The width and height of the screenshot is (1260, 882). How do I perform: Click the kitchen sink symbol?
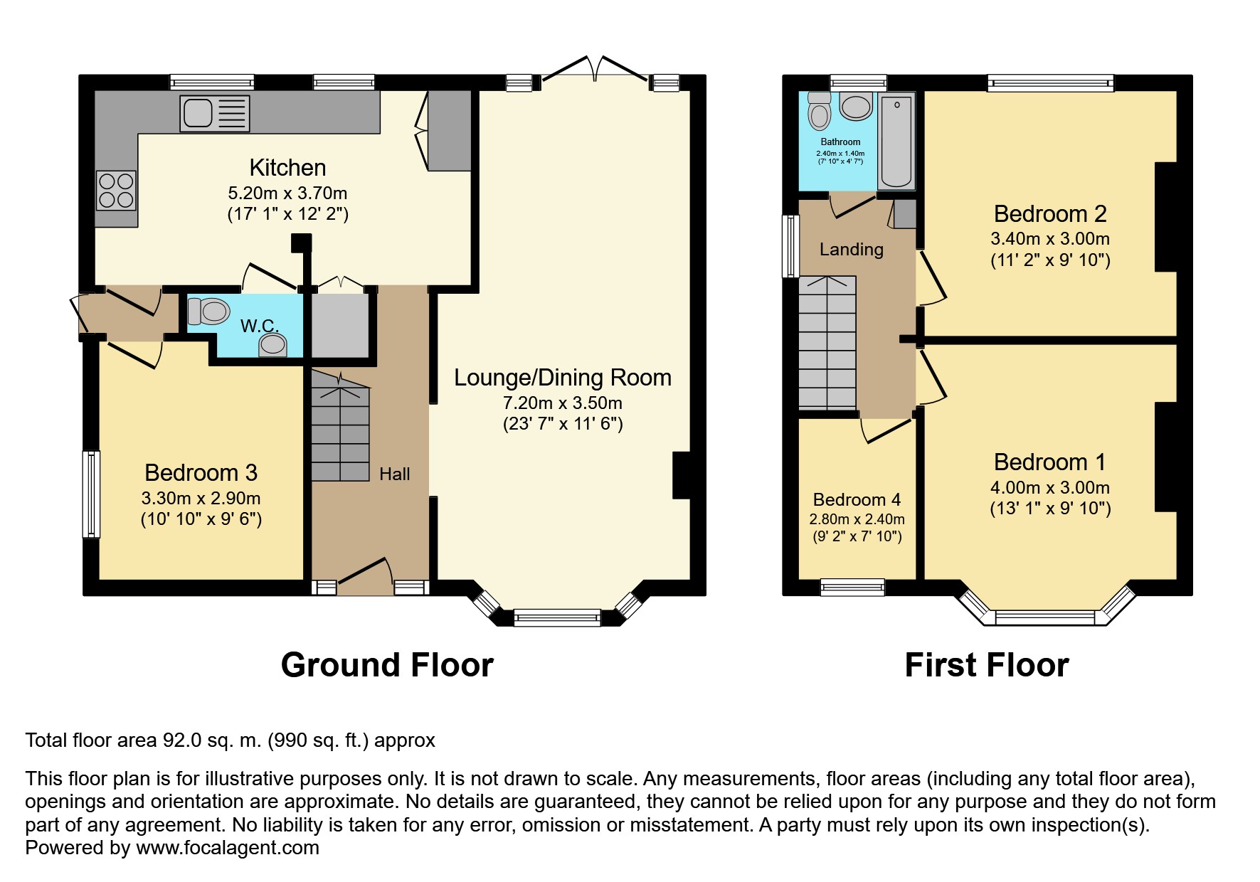216,113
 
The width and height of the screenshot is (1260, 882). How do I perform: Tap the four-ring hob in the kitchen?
117,190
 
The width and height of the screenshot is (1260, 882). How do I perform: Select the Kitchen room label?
287,168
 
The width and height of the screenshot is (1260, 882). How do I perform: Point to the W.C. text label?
259,326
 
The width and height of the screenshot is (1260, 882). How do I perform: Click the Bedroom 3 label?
201,472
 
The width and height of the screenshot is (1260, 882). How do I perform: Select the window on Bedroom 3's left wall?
91,494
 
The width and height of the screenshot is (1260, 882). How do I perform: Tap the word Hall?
394,474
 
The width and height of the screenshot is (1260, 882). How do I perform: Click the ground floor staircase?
340,427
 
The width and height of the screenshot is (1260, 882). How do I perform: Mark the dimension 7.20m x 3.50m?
562,403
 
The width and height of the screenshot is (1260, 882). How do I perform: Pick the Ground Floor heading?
387,665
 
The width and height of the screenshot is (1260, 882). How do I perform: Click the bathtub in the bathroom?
896,141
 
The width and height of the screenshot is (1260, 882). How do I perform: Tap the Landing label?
851,249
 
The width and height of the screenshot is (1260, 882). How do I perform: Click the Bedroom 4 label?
857,499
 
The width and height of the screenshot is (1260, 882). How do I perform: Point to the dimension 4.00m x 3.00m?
1049,487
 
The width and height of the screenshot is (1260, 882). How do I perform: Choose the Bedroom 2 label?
1049,213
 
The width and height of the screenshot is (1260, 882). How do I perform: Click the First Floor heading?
986,665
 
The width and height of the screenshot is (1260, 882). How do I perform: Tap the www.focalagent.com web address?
228,848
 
